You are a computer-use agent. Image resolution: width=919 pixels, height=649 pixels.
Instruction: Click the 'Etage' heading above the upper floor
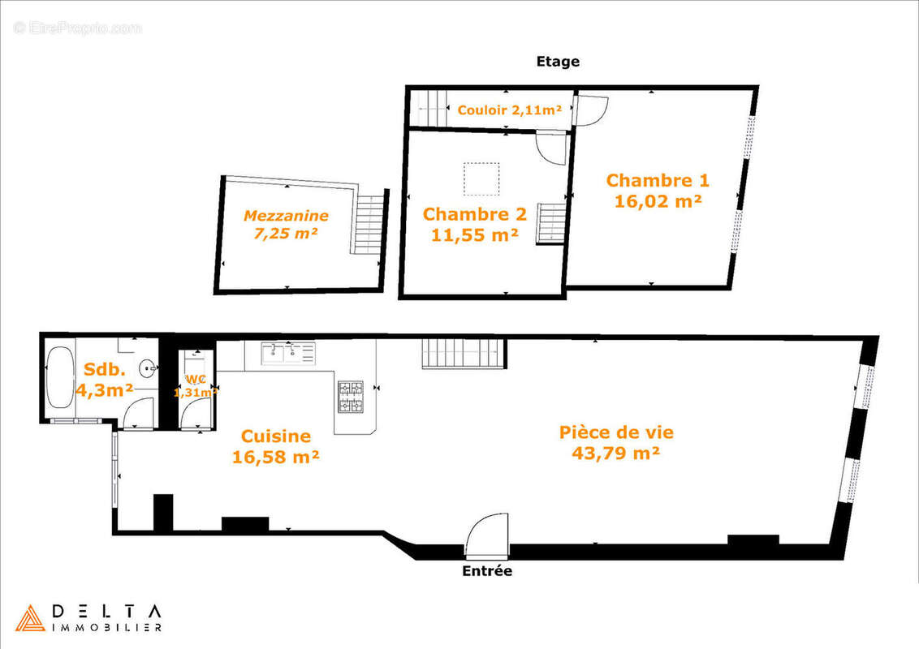point(558,62)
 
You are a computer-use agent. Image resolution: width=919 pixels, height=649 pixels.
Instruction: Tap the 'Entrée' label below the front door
point(487,571)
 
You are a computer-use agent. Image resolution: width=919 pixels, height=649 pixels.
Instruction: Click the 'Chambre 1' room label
point(658,180)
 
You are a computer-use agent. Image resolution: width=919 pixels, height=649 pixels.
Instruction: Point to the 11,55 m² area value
point(475,235)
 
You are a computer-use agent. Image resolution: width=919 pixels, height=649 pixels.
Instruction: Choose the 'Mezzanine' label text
point(286,216)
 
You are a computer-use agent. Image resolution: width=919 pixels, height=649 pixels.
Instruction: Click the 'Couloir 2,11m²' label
point(510,110)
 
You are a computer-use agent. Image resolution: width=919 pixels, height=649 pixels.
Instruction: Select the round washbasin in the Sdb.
point(148,368)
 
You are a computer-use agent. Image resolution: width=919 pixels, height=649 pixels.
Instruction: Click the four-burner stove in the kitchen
point(350,397)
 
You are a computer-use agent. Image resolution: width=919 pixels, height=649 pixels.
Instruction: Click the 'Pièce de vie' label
point(616,432)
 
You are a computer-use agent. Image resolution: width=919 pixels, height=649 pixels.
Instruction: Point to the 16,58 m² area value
point(275,457)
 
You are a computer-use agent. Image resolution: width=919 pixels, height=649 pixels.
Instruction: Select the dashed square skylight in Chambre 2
point(481,178)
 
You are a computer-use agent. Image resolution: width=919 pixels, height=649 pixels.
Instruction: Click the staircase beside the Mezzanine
point(369,223)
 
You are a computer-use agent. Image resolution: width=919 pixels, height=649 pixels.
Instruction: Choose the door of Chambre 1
point(591,110)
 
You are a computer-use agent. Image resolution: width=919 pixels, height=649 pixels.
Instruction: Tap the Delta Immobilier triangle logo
point(31,617)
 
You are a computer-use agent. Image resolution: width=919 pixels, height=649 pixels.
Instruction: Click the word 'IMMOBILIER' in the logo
point(106,627)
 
